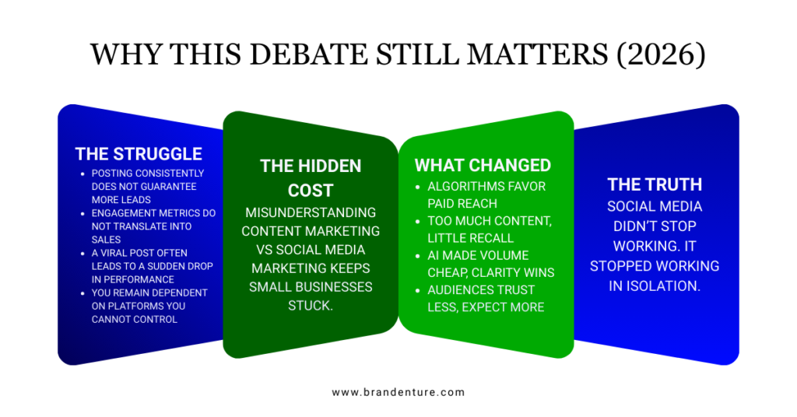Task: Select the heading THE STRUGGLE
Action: (139, 154)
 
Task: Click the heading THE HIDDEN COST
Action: (311, 177)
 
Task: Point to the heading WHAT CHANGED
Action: (483, 166)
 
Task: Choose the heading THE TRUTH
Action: (655, 184)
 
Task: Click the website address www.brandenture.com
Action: (398, 392)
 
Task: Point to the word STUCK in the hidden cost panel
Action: (311, 305)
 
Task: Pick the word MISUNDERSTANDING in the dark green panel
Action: (311, 212)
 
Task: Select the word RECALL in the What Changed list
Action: (490, 238)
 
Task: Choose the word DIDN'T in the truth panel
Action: (655, 226)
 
